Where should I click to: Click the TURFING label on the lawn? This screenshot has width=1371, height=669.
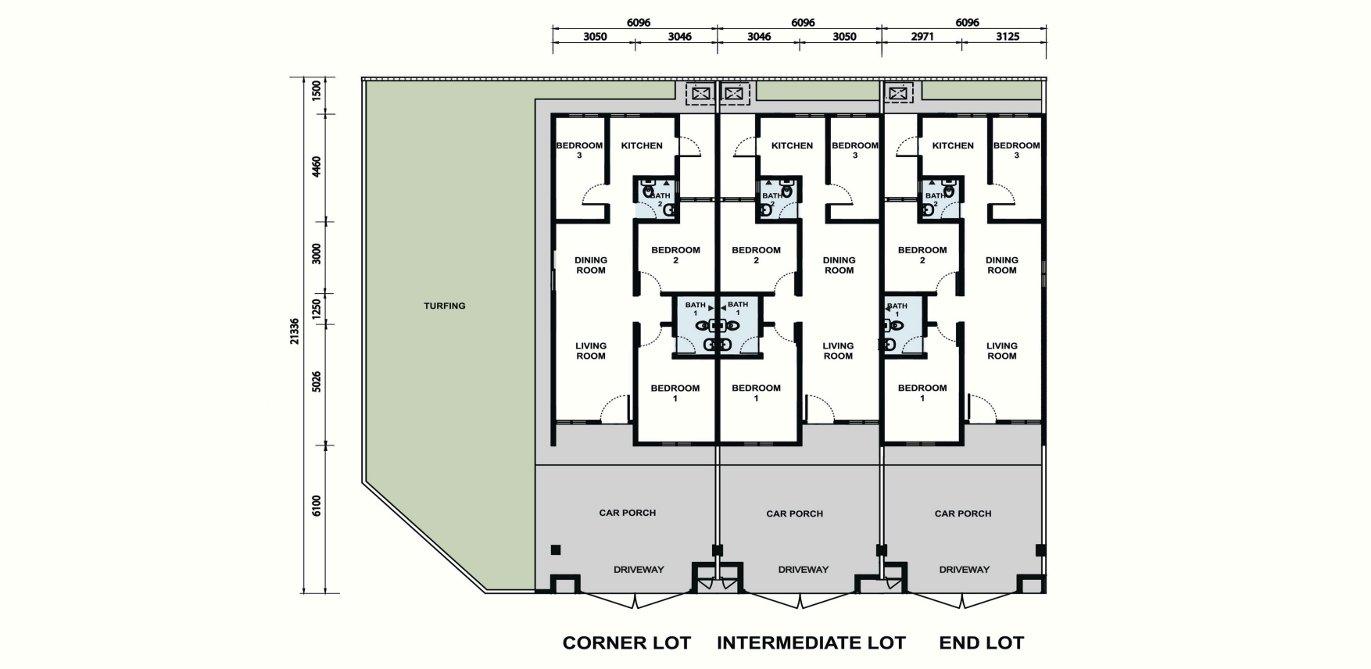(445, 306)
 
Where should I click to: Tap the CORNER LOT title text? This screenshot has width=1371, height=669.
(627, 643)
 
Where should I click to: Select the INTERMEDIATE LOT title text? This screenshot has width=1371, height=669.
(811, 643)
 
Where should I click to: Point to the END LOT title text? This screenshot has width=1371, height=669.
(982, 643)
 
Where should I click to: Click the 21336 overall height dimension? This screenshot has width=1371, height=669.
(294, 331)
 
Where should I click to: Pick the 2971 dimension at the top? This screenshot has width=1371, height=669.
(922, 37)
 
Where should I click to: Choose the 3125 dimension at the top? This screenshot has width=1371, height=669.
(1008, 37)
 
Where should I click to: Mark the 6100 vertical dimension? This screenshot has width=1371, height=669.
(317, 506)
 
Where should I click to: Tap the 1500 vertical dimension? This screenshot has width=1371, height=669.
(317, 91)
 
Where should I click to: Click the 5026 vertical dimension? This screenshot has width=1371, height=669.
(317, 382)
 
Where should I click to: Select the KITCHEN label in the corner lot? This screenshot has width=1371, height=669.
(642, 145)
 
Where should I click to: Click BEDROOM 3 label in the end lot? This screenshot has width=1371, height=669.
(1016, 150)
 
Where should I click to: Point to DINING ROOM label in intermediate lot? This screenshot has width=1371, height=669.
(839, 265)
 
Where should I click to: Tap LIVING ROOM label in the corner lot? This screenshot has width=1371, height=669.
(591, 351)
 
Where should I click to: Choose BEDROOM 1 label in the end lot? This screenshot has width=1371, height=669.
(922, 393)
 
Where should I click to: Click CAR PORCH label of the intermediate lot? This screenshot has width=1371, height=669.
(795, 513)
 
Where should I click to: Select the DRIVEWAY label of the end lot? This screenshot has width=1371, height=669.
(965, 570)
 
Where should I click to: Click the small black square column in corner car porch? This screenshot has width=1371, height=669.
(556, 550)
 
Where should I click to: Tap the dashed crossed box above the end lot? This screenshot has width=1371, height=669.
(899, 94)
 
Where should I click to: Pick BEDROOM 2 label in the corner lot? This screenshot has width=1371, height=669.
(675, 255)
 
